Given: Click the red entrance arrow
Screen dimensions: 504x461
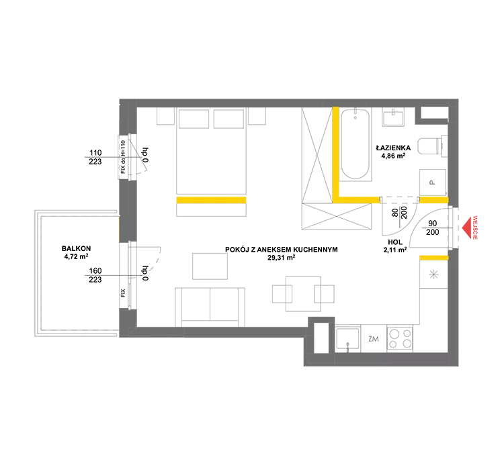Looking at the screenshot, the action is click(466, 228).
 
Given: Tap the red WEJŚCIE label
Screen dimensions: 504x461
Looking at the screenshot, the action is click(475, 227).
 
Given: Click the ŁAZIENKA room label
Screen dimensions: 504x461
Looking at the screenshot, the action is click(393, 148).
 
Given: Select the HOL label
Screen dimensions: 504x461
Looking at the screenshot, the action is click(395, 242).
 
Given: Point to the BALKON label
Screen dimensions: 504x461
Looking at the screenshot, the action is click(76, 248).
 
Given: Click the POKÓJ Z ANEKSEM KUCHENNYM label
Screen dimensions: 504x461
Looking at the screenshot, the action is click(282, 250).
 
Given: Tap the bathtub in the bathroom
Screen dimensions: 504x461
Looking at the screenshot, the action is click(355, 144).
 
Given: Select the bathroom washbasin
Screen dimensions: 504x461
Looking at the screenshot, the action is click(393, 117).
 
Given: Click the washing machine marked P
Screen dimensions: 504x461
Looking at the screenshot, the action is click(433, 183).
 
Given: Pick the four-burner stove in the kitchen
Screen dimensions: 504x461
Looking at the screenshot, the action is click(400, 339).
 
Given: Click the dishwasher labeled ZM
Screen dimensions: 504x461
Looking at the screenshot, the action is click(374, 339).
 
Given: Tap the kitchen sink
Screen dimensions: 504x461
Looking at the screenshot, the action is click(348, 339).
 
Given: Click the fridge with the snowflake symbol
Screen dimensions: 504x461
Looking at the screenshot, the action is click(433, 274).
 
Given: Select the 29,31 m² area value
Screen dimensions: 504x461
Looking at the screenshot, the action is click(282, 258).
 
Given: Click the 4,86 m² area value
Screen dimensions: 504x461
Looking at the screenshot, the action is click(393, 156).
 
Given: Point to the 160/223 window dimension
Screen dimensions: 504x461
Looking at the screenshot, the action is click(95, 275).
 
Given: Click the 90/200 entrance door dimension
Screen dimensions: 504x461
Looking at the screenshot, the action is click(432, 227).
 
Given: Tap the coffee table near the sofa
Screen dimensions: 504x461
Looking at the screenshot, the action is click(210, 266).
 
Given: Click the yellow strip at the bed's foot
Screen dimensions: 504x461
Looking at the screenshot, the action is click(211, 200).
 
